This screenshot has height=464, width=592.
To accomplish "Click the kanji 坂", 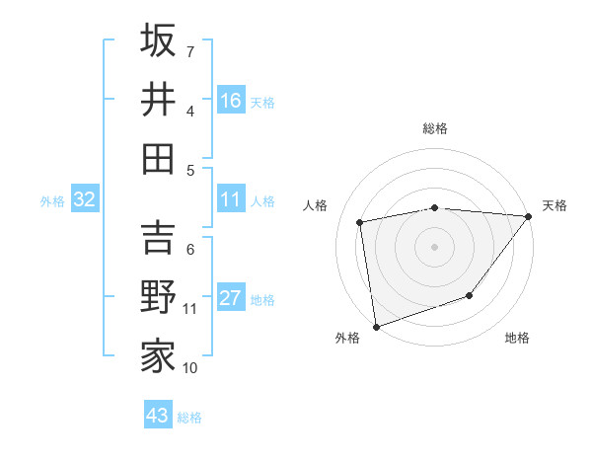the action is (x=158, y=40).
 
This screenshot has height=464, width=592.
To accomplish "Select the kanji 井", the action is (x=158, y=100).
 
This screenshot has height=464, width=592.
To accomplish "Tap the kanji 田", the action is (x=158, y=158).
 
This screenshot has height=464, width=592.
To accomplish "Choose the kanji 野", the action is (x=158, y=297).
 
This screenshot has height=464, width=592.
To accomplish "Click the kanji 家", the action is (x=158, y=356).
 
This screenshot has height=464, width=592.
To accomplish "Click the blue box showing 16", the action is (x=231, y=100).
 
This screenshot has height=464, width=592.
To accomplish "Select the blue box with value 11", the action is (x=231, y=199).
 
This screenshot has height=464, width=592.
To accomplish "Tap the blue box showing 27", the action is (x=231, y=298).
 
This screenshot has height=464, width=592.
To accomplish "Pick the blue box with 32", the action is (x=85, y=199).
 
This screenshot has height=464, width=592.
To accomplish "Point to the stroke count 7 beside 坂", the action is (x=190, y=51).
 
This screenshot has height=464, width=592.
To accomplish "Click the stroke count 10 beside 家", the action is (x=190, y=368).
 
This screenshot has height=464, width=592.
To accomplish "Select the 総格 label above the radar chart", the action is (x=434, y=128).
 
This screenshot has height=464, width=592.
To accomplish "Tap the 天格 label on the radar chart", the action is (x=555, y=205).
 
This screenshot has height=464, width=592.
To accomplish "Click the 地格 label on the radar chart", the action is (x=517, y=338).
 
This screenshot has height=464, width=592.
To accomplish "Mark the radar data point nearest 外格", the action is (x=376, y=326).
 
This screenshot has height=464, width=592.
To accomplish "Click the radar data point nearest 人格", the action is (x=360, y=222).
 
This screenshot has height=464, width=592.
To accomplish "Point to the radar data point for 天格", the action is (x=529, y=216).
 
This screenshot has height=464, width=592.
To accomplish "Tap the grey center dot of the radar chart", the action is (x=434, y=247).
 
